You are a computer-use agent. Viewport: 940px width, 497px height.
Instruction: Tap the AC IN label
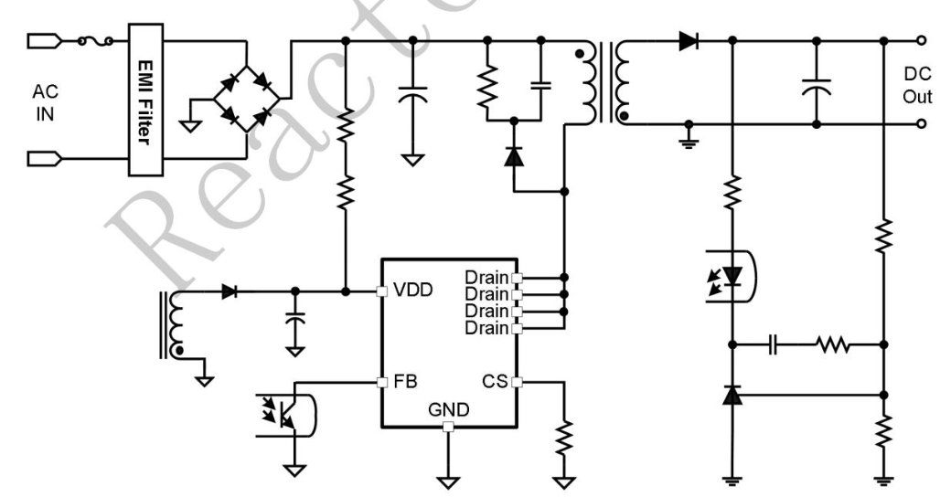tap(45, 101)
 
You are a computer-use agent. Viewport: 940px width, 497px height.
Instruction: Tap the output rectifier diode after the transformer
tap(688, 40)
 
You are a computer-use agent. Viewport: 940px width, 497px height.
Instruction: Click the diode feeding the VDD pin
tap(230, 291)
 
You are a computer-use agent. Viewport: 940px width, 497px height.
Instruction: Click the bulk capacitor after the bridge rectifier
tap(413, 97)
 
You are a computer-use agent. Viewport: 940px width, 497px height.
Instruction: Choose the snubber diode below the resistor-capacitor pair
tap(514, 156)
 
